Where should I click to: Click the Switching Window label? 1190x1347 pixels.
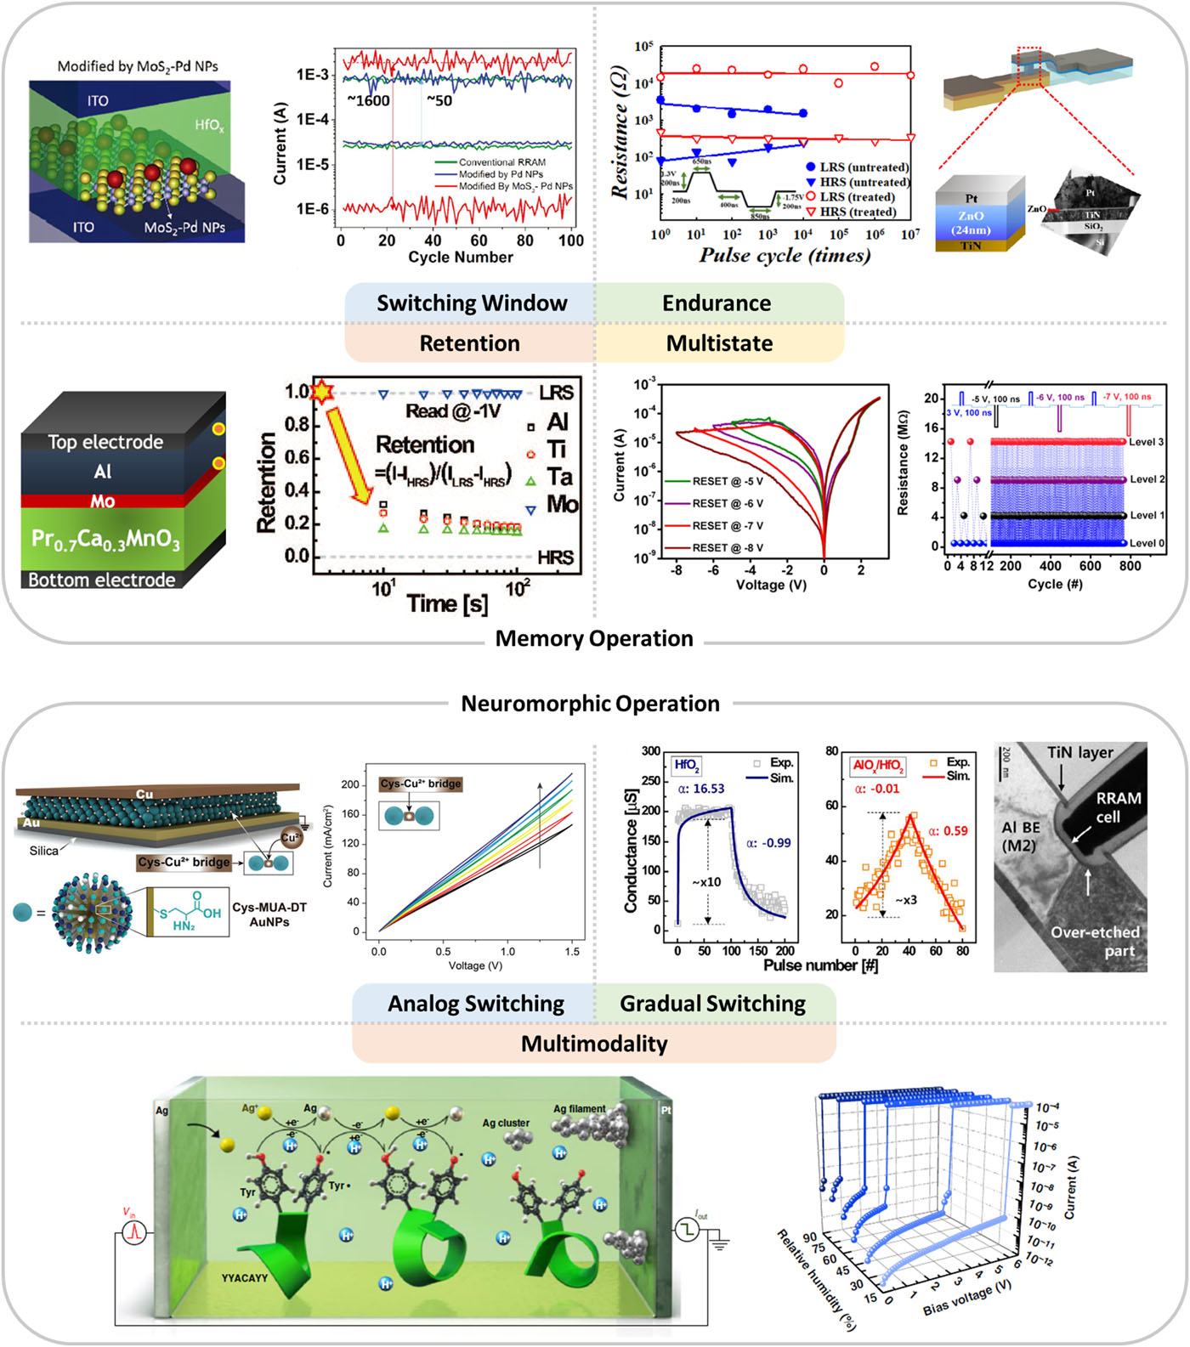(472, 303)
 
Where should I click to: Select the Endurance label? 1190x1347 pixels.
(717, 303)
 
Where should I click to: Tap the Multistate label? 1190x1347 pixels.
(719, 343)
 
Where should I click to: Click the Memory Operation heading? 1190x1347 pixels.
(594, 638)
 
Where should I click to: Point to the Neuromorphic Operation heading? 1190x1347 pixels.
(590, 704)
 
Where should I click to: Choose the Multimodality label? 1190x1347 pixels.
(594, 1044)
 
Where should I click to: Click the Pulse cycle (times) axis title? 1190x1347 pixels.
(785, 256)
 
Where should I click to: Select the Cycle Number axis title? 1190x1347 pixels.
(461, 258)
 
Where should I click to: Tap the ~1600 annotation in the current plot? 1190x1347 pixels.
(368, 101)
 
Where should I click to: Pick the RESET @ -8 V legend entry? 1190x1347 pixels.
(727, 548)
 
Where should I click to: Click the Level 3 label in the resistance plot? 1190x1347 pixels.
(1147, 442)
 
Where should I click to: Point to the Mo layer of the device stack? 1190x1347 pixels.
(103, 501)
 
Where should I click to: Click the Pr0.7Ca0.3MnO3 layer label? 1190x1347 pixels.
(105, 540)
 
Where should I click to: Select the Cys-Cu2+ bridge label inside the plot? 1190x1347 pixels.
(421, 784)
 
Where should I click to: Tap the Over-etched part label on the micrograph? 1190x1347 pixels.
(1095, 941)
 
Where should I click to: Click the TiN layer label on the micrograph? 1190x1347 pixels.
(1079, 753)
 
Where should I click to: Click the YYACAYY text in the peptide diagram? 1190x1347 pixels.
(245, 1278)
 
